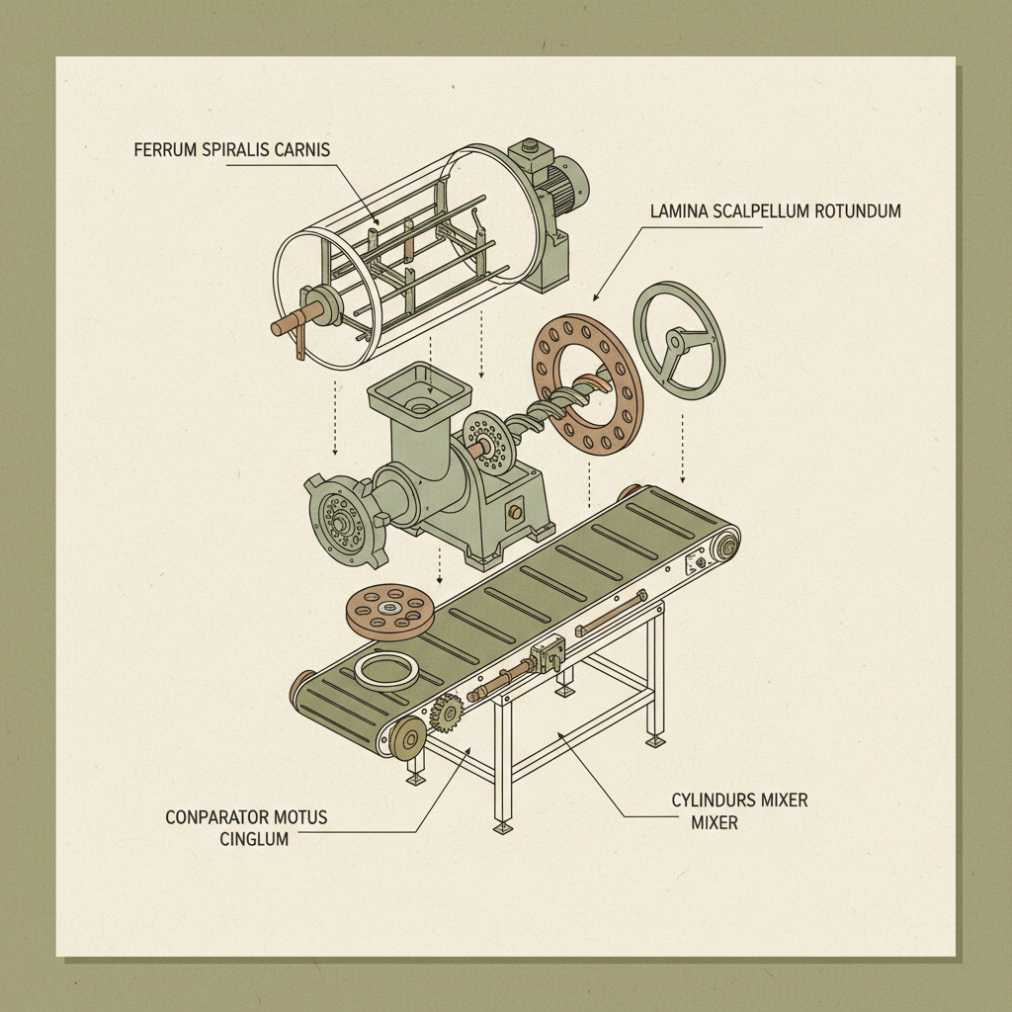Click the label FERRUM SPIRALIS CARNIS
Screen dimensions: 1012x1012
(230, 150)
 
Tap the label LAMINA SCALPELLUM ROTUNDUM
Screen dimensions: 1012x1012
(775, 211)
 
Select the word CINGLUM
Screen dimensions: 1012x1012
(253, 839)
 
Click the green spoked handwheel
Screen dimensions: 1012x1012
(679, 340)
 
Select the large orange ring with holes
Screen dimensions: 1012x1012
(587, 384)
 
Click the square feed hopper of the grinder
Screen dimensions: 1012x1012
(417, 390)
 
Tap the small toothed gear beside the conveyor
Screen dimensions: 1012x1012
(447, 712)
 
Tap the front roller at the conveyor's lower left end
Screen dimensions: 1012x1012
(407, 738)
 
